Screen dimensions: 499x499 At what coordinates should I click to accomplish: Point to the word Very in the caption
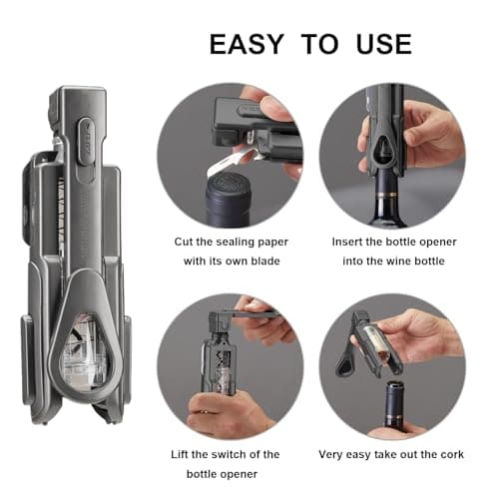click(x=334, y=453)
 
